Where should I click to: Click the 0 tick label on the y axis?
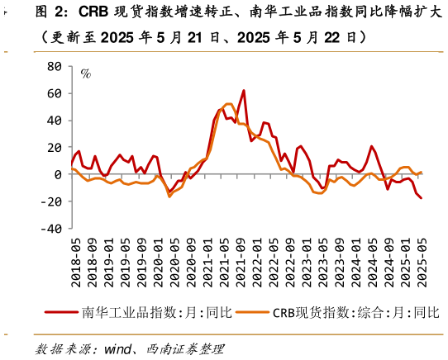[x=57, y=175]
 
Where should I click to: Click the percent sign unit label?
[x=85, y=74]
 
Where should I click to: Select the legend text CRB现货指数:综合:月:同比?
[x=356, y=313]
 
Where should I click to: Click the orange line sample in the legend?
[x=251, y=313]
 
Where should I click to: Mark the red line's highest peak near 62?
[x=244, y=91]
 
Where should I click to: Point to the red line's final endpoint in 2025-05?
[x=421, y=198]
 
